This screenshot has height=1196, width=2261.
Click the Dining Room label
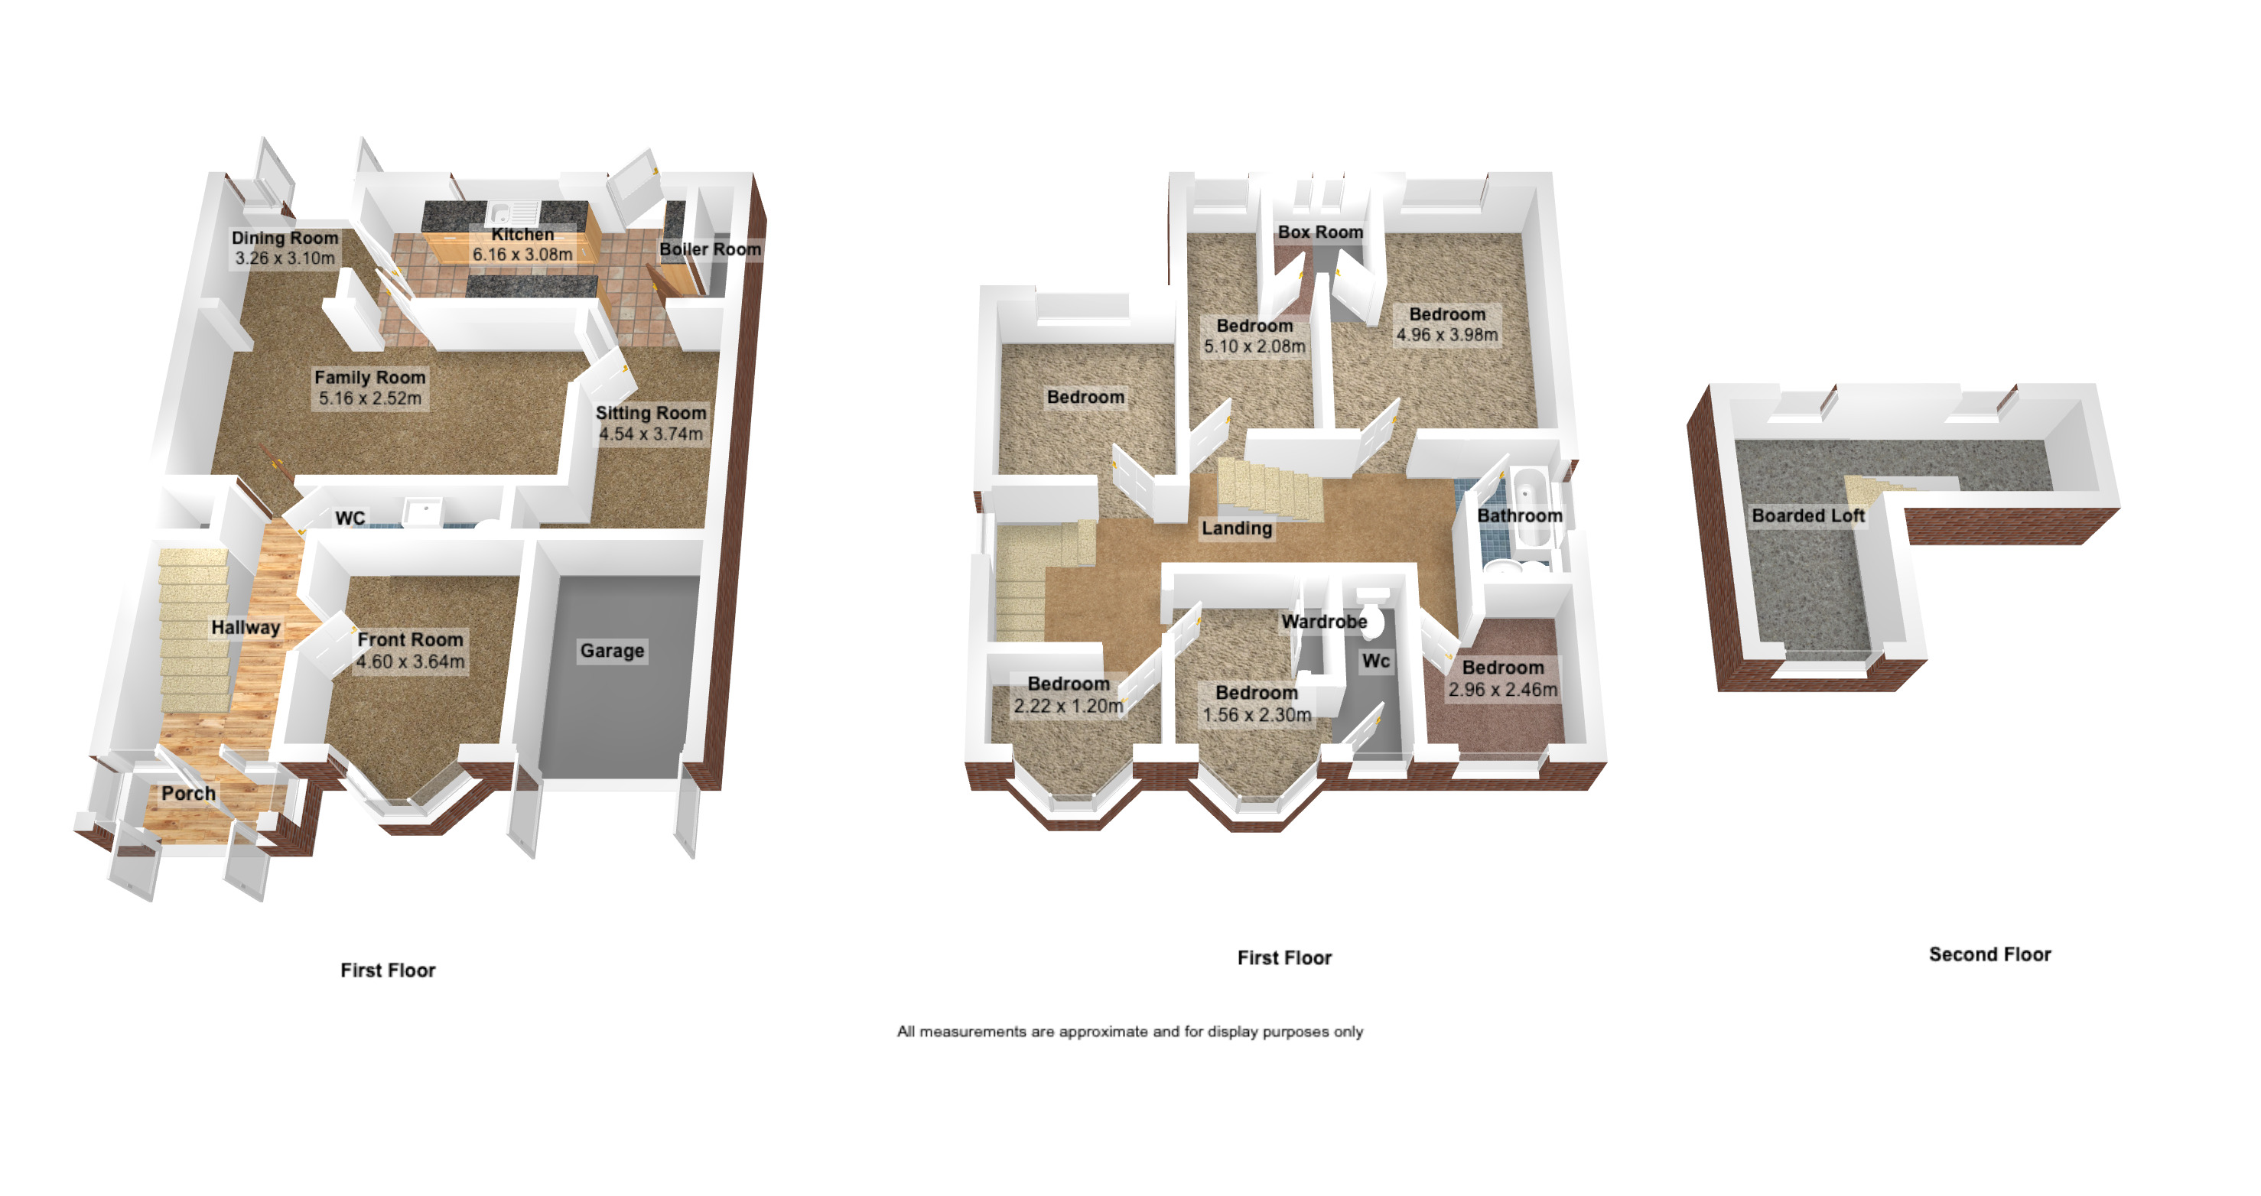coord(285,238)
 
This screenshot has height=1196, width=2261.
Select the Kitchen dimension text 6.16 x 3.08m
coord(522,255)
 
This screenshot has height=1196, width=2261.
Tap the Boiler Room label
coord(709,249)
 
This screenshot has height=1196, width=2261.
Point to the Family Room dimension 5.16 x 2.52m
coord(369,398)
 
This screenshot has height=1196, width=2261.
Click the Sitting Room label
coord(650,412)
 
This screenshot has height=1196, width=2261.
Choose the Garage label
coord(612,650)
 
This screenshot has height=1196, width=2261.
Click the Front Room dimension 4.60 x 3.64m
coord(410,661)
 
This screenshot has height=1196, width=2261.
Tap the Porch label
coord(188,793)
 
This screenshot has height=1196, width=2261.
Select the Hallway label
coord(245,627)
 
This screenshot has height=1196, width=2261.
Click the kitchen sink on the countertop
coord(512,213)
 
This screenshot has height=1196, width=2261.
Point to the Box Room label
coord(1319,232)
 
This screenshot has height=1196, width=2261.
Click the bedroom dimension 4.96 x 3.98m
coord(1446,335)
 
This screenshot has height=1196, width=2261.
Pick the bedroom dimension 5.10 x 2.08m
coord(1254,346)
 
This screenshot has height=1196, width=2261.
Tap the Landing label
coord(1236,528)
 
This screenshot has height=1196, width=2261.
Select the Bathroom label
coord(1519,516)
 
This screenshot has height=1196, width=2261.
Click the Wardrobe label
coord(1323,621)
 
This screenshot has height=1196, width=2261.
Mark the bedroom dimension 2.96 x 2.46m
coord(1503,690)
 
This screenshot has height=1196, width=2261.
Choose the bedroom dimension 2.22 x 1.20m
coord(1069,706)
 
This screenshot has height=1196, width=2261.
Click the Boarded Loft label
coord(1807,516)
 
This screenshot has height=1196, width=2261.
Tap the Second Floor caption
coord(1989,954)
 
